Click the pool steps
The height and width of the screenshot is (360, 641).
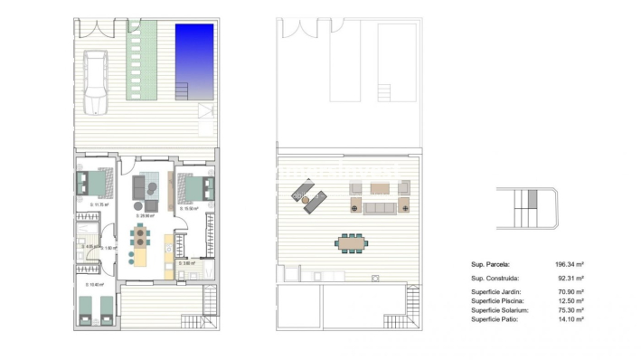(182, 90)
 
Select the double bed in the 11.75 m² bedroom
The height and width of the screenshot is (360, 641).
(94, 184)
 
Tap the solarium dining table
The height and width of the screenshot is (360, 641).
(353, 242)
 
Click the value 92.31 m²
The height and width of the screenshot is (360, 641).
(569, 278)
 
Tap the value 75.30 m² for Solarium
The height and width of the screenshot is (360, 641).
(569, 310)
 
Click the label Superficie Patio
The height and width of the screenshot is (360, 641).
(495, 319)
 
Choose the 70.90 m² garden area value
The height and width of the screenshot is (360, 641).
(569, 291)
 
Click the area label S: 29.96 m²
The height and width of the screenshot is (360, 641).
(145, 216)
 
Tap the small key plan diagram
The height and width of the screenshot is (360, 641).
(528, 209)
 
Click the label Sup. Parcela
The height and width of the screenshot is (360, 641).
(491, 264)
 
